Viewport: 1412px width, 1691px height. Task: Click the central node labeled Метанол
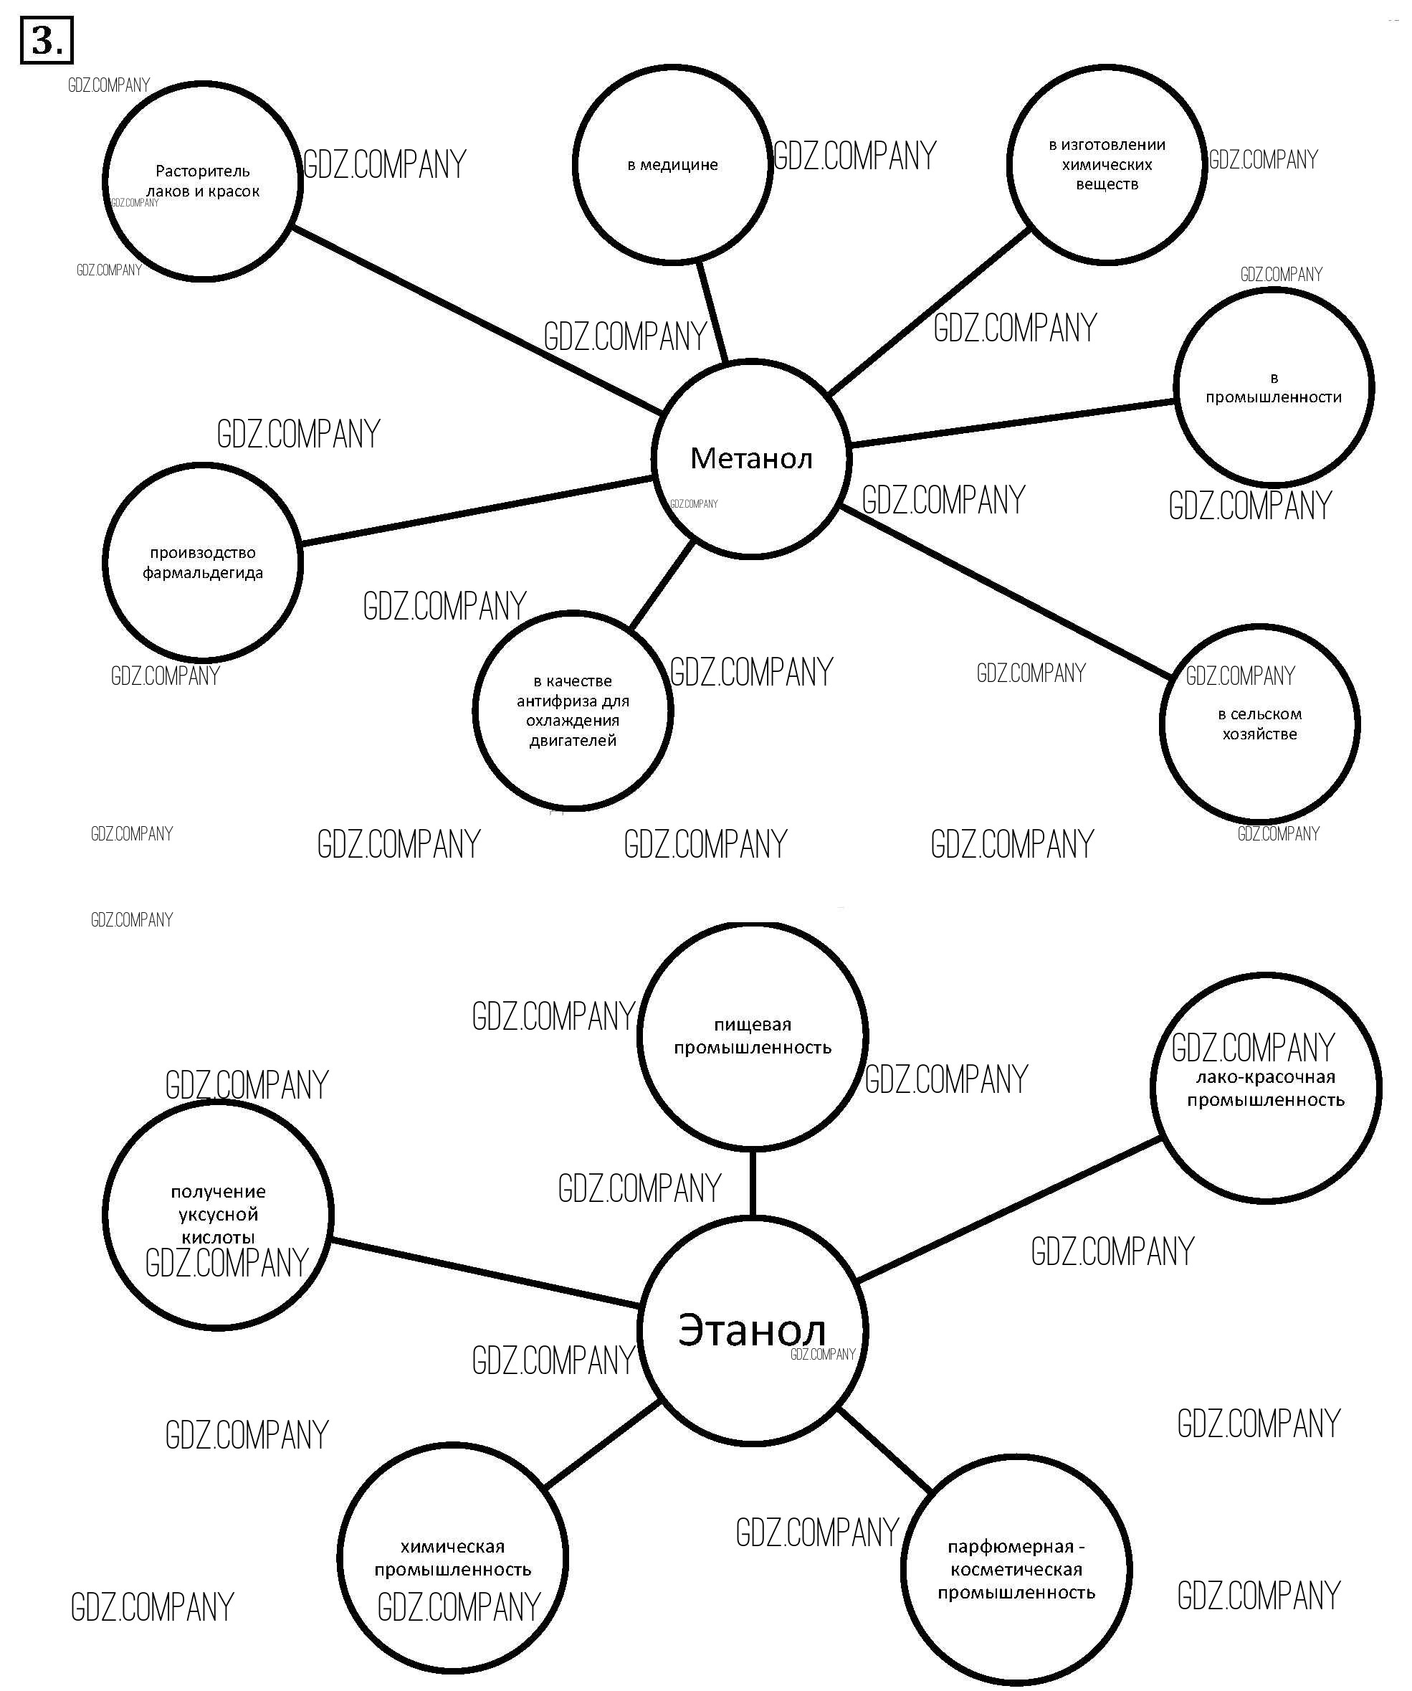pos(750,458)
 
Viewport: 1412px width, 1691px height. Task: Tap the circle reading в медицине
pos(673,164)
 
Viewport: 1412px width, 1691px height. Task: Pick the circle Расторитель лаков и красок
pos(203,181)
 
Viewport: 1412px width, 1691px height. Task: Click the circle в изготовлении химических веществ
pos(1106,164)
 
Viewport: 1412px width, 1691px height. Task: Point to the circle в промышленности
pos(1273,387)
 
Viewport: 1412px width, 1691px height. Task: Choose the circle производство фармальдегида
pos(203,562)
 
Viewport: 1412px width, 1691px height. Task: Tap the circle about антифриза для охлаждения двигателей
pos(573,710)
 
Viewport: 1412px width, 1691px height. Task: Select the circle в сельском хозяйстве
pos(1259,723)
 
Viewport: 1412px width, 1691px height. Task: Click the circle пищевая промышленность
pos(752,1036)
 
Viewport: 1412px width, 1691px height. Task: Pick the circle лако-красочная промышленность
pos(1266,1088)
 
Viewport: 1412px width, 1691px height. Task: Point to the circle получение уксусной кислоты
pos(217,1214)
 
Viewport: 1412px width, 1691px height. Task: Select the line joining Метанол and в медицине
pos(712,312)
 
